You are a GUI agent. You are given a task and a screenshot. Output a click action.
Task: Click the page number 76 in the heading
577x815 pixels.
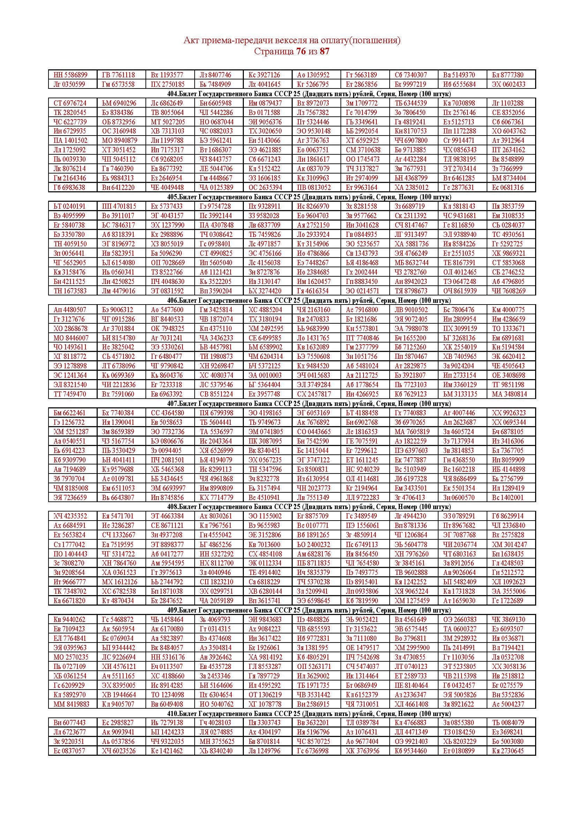[301, 52]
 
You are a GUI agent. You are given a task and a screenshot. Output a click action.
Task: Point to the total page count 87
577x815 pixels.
[324, 52]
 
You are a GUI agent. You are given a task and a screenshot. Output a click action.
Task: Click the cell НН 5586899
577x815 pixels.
[70, 75]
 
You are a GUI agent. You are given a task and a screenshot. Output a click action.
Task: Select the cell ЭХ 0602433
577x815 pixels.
[508, 84]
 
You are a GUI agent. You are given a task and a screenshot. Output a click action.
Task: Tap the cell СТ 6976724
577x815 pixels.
[70, 103]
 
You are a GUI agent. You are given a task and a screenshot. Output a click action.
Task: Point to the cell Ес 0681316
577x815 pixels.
[508, 187]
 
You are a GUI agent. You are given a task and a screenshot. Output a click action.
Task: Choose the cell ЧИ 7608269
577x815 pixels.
[508, 291]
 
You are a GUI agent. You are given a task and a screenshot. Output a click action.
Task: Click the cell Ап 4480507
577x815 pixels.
[70, 310]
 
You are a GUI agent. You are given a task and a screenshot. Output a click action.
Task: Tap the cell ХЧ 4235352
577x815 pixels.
[70, 516]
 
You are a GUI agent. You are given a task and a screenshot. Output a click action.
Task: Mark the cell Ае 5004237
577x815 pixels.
[508, 704]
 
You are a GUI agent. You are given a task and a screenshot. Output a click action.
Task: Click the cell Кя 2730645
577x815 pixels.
[508, 751]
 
